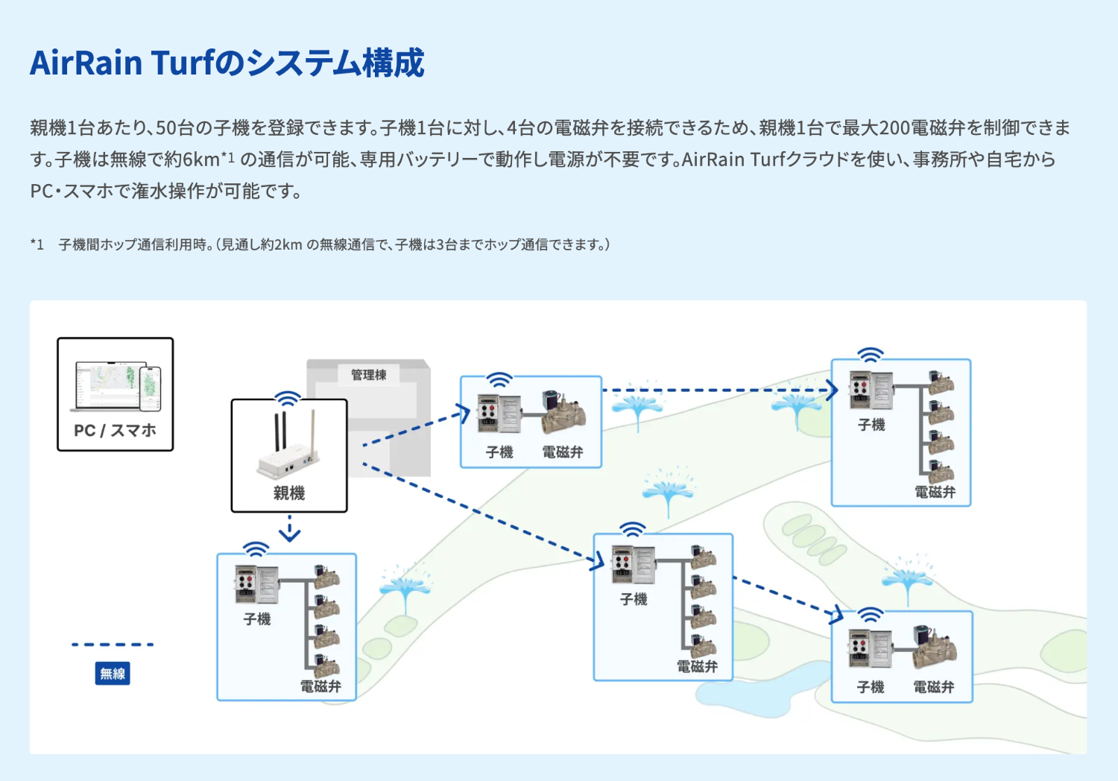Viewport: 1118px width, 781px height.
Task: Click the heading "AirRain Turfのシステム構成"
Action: [227, 63]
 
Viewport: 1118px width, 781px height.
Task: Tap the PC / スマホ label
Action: [115, 430]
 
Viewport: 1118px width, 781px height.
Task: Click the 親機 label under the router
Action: [289, 493]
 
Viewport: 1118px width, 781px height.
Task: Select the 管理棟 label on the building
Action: [368, 374]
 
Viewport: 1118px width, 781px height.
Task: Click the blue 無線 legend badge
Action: [113, 674]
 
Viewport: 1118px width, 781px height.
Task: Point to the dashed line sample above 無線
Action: [113, 645]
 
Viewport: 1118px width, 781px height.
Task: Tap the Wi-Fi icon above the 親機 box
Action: [288, 397]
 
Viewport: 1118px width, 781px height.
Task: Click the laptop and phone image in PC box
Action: [118, 387]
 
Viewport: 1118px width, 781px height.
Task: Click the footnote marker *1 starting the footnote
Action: [37, 244]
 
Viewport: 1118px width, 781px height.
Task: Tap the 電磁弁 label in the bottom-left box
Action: [320, 686]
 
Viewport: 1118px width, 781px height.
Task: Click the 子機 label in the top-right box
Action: [871, 425]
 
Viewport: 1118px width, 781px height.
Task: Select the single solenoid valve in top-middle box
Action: [563, 414]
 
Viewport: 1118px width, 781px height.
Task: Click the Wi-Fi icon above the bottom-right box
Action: [870, 615]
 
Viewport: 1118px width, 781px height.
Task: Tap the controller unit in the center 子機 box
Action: [633, 564]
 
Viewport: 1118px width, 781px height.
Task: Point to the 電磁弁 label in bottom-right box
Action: [934, 687]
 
